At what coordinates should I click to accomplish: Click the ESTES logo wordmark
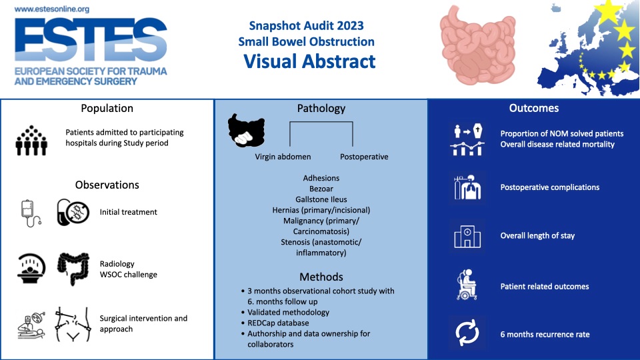click(x=91, y=39)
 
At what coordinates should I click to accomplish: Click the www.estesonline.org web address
click(x=52, y=9)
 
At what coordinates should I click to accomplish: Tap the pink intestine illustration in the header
click(x=477, y=45)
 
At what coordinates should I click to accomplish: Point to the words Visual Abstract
click(x=309, y=61)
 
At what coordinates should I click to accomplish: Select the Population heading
click(x=107, y=108)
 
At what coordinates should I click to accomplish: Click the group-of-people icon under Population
click(x=31, y=141)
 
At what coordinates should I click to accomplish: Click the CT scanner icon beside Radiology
click(x=31, y=269)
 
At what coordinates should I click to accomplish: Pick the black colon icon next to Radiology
click(x=73, y=269)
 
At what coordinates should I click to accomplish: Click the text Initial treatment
click(x=128, y=212)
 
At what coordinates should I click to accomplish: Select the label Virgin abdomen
click(x=283, y=157)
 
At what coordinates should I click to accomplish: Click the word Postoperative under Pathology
click(x=364, y=157)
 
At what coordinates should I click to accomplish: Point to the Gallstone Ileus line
click(x=321, y=199)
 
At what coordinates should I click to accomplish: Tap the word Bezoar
click(x=321, y=189)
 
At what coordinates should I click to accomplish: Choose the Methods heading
click(x=321, y=277)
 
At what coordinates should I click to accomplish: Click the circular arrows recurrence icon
click(x=467, y=333)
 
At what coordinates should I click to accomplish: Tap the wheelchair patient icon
click(x=467, y=285)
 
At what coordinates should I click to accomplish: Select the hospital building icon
click(x=467, y=237)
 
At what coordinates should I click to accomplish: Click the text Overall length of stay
click(x=537, y=236)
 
